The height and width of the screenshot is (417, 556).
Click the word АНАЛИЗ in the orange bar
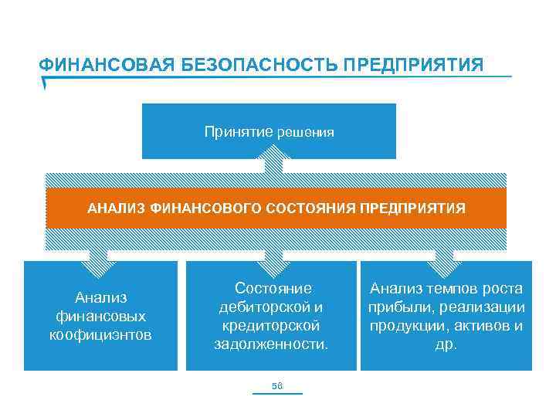117,208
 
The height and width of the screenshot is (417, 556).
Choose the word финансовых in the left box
101,316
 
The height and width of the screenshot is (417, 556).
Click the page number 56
277,385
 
